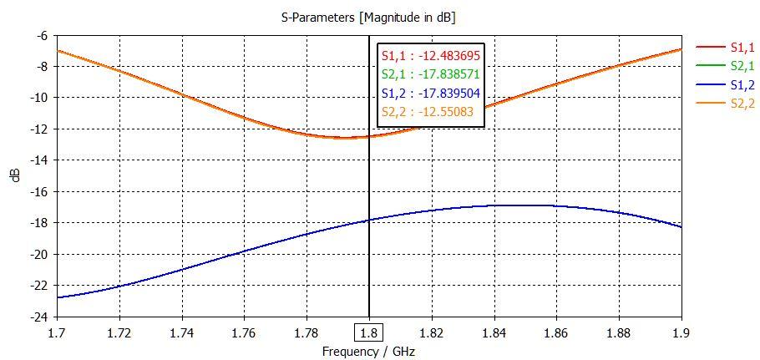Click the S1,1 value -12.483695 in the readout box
pyautogui.click(x=431, y=56)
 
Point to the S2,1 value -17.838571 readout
pyautogui.click(x=431, y=74)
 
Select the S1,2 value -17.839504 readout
pyautogui.click(x=431, y=93)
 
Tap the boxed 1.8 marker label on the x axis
pyautogui.click(x=368, y=331)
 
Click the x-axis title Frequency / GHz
pyautogui.click(x=368, y=352)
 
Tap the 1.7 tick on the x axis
pyautogui.click(x=57, y=331)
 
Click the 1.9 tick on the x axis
pyautogui.click(x=681, y=331)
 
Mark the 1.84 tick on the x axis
pyautogui.click(x=494, y=331)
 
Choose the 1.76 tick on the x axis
pyautogui.click(x=244, y=331)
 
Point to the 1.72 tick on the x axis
pyautogui.click(x=119, y=331)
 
